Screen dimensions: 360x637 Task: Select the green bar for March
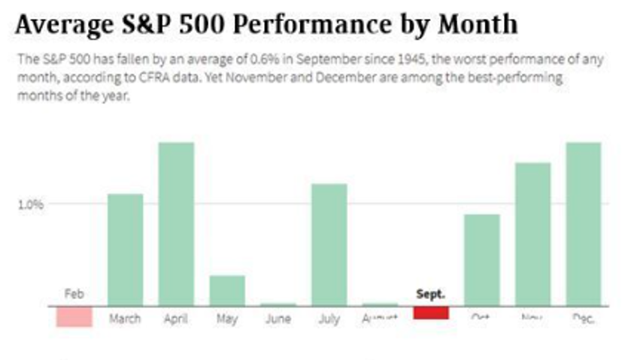tap(125, 250)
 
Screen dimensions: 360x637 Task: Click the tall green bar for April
tap(176, 224)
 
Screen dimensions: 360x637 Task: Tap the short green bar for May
tap(226, 290)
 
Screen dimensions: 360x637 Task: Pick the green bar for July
tap(329, 244)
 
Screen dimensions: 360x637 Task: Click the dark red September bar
tap(431, 313)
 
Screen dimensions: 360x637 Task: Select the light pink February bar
tap(74, 316)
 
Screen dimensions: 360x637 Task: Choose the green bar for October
tap(481, 260)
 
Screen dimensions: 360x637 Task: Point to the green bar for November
tap(532, 234)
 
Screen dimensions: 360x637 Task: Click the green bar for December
tap(583, 224)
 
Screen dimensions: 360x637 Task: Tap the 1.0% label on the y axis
tap(31, 204)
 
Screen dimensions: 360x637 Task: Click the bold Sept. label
tap(431, 295)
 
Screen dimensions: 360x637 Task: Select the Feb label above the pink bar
tap(74, 295)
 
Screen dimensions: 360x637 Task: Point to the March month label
tap(125, 319)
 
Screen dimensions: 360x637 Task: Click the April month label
tap(176, 319)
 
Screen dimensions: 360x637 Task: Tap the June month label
tap(278, 319)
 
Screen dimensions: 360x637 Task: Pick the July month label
tap(329, 319)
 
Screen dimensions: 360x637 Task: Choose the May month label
tap(226, 319)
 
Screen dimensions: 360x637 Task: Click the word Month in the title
tap(478, 25)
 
